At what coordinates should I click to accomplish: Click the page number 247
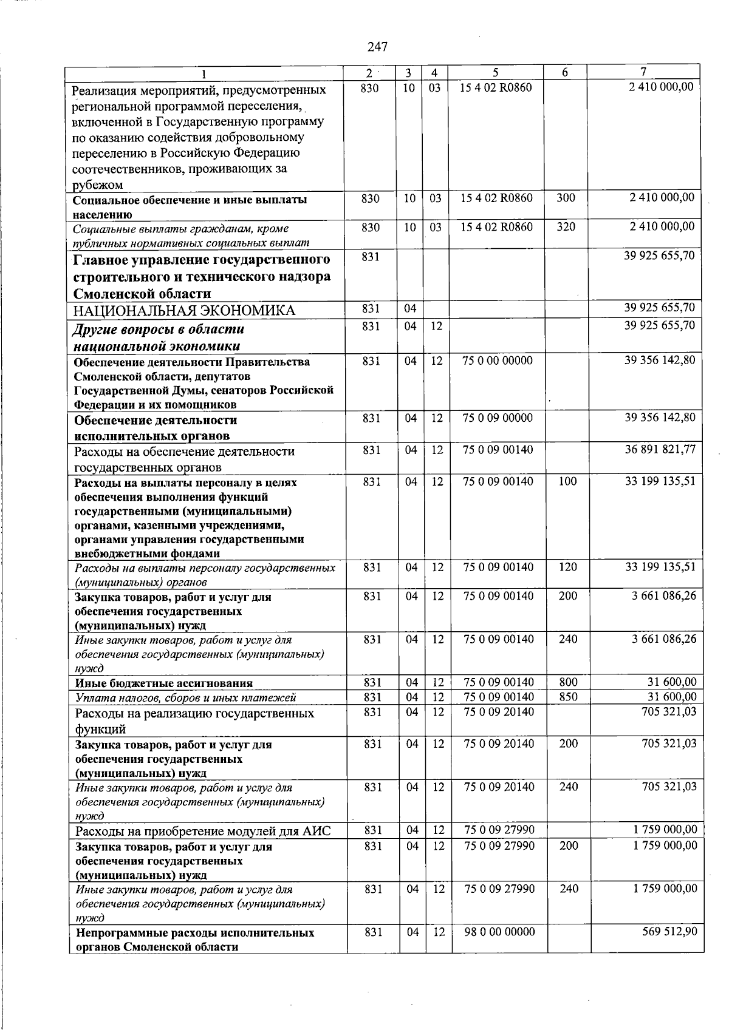click(377, 47)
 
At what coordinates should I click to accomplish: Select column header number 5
click(496, 72)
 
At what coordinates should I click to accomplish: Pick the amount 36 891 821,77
click(660, 450)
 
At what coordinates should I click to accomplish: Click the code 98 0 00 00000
click(499, 932)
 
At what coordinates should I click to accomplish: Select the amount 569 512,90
click(669, 932)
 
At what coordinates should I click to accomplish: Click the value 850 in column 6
click(568, 697)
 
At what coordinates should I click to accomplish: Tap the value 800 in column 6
click(568, 683)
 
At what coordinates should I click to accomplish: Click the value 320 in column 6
click(566, 227)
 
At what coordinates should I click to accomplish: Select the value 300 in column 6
click(566, 198)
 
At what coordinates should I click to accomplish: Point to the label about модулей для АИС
click(203, 832)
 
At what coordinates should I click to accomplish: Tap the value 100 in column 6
click(567, 481)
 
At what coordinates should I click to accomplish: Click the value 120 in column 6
click(567, 568)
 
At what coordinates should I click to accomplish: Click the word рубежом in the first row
click(97, 185)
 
